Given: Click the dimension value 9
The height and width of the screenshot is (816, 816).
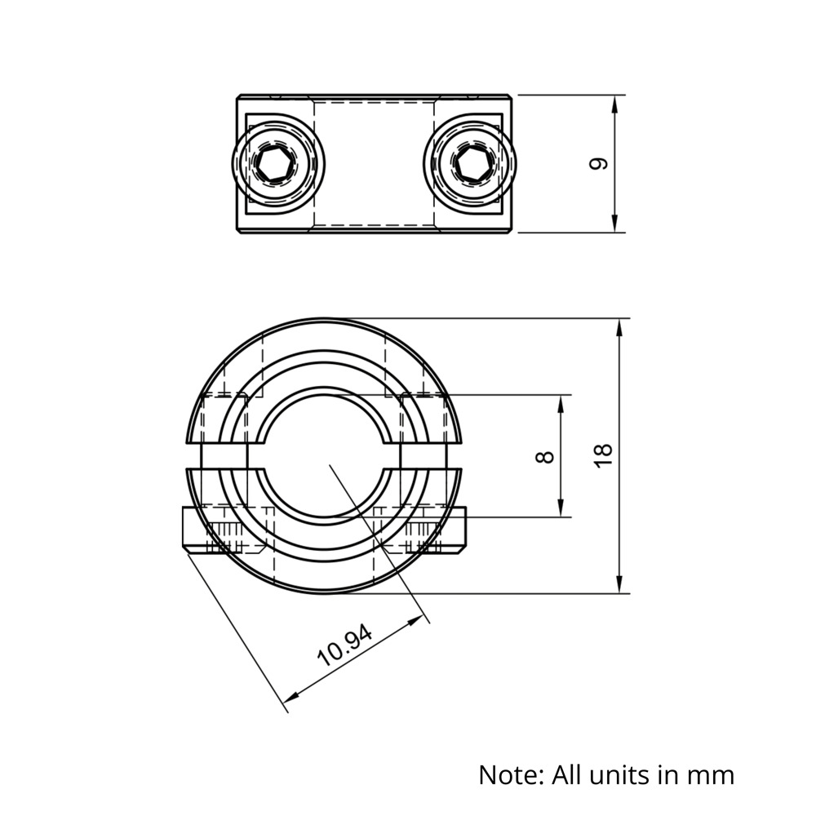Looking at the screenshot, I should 599,163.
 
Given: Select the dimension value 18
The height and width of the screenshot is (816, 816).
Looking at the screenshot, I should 603,455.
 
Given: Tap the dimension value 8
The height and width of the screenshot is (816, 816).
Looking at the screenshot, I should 546,455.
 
